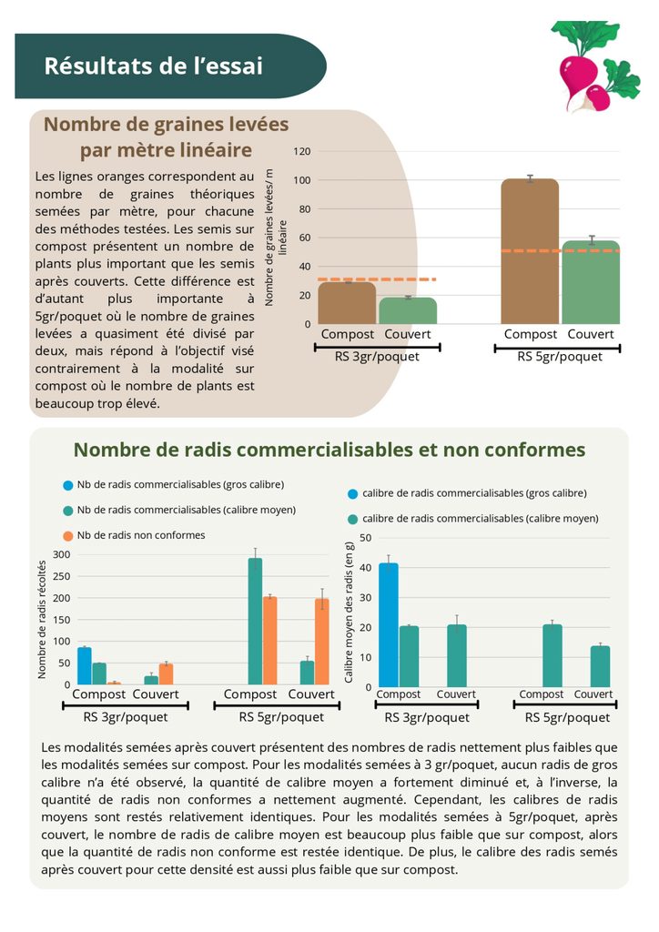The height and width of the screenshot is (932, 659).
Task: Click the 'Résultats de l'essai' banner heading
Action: pos(153,66)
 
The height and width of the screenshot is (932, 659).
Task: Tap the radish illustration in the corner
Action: pos(594,66)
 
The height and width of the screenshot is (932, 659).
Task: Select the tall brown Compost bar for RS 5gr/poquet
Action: pos(530,251)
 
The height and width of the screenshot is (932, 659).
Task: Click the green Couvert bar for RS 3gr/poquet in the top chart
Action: pos(408,310)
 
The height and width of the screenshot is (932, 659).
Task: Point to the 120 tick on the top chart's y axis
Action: pos(302,152)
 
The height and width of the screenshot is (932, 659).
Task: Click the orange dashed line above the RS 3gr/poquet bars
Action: pos(377,279)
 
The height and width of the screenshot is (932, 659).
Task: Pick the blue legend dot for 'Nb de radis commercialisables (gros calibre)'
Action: pos(68,485)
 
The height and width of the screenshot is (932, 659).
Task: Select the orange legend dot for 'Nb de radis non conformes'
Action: pos(68,535)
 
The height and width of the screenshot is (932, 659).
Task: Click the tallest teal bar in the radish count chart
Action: pos(255,621)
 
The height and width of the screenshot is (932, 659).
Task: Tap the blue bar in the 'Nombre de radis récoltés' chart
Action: pos(85,665)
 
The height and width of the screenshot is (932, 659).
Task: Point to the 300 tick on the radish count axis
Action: pos(62,554)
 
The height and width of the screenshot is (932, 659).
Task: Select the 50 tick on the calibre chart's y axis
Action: pos(365,538)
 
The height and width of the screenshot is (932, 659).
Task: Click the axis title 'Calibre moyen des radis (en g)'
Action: pos(349,613)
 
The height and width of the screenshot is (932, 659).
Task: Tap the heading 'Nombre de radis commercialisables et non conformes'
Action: pos(329,450)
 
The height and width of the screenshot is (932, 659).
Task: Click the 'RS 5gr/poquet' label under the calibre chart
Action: pos(567,717)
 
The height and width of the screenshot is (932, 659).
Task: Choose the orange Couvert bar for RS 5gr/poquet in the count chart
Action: pos(322,642)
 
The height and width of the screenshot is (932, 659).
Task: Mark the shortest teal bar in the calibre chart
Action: pos(600,666)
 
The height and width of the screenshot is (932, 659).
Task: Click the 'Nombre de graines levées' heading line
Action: pos(166,124)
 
